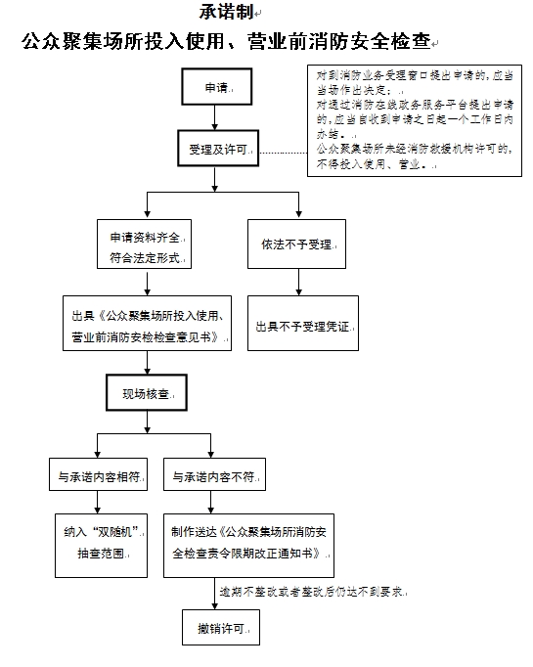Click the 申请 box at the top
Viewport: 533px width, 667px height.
click(216, 86)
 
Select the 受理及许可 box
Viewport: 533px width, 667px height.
click(218, 148)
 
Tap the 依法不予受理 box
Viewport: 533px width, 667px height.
click(296, 244)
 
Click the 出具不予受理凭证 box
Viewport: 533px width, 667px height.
click(303, 324)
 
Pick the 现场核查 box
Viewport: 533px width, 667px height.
click(147, 392)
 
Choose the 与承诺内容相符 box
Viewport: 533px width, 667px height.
click(98, 474)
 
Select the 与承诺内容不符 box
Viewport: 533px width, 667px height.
click(214, 474)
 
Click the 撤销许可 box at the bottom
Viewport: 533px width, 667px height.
click(221, 628)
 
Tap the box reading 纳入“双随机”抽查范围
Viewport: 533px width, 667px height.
click(101, 546)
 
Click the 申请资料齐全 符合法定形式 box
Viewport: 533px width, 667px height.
click(144, 244)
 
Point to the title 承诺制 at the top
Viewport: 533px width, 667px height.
click(226, 12)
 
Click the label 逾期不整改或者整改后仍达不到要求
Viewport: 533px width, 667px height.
click(312, 592)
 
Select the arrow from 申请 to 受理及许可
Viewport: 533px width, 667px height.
click(215, 117)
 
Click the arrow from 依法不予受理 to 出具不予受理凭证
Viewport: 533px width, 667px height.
click(298, 282)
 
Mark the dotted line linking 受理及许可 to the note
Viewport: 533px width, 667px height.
click(283, 153)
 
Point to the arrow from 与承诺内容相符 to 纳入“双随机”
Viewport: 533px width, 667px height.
click(98, 503)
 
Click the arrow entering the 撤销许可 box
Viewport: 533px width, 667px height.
click(215, 594)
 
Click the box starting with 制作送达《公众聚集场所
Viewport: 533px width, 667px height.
click(248, 546)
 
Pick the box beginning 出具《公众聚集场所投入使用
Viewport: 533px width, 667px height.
click(147, 324)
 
